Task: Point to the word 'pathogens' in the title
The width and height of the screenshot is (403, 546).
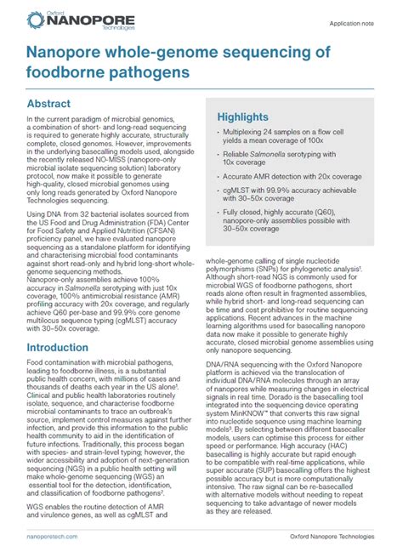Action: pyautogui.click(x=146, y=71)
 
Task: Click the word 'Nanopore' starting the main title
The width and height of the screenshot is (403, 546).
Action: pyautogui.click(x=67, y=52)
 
